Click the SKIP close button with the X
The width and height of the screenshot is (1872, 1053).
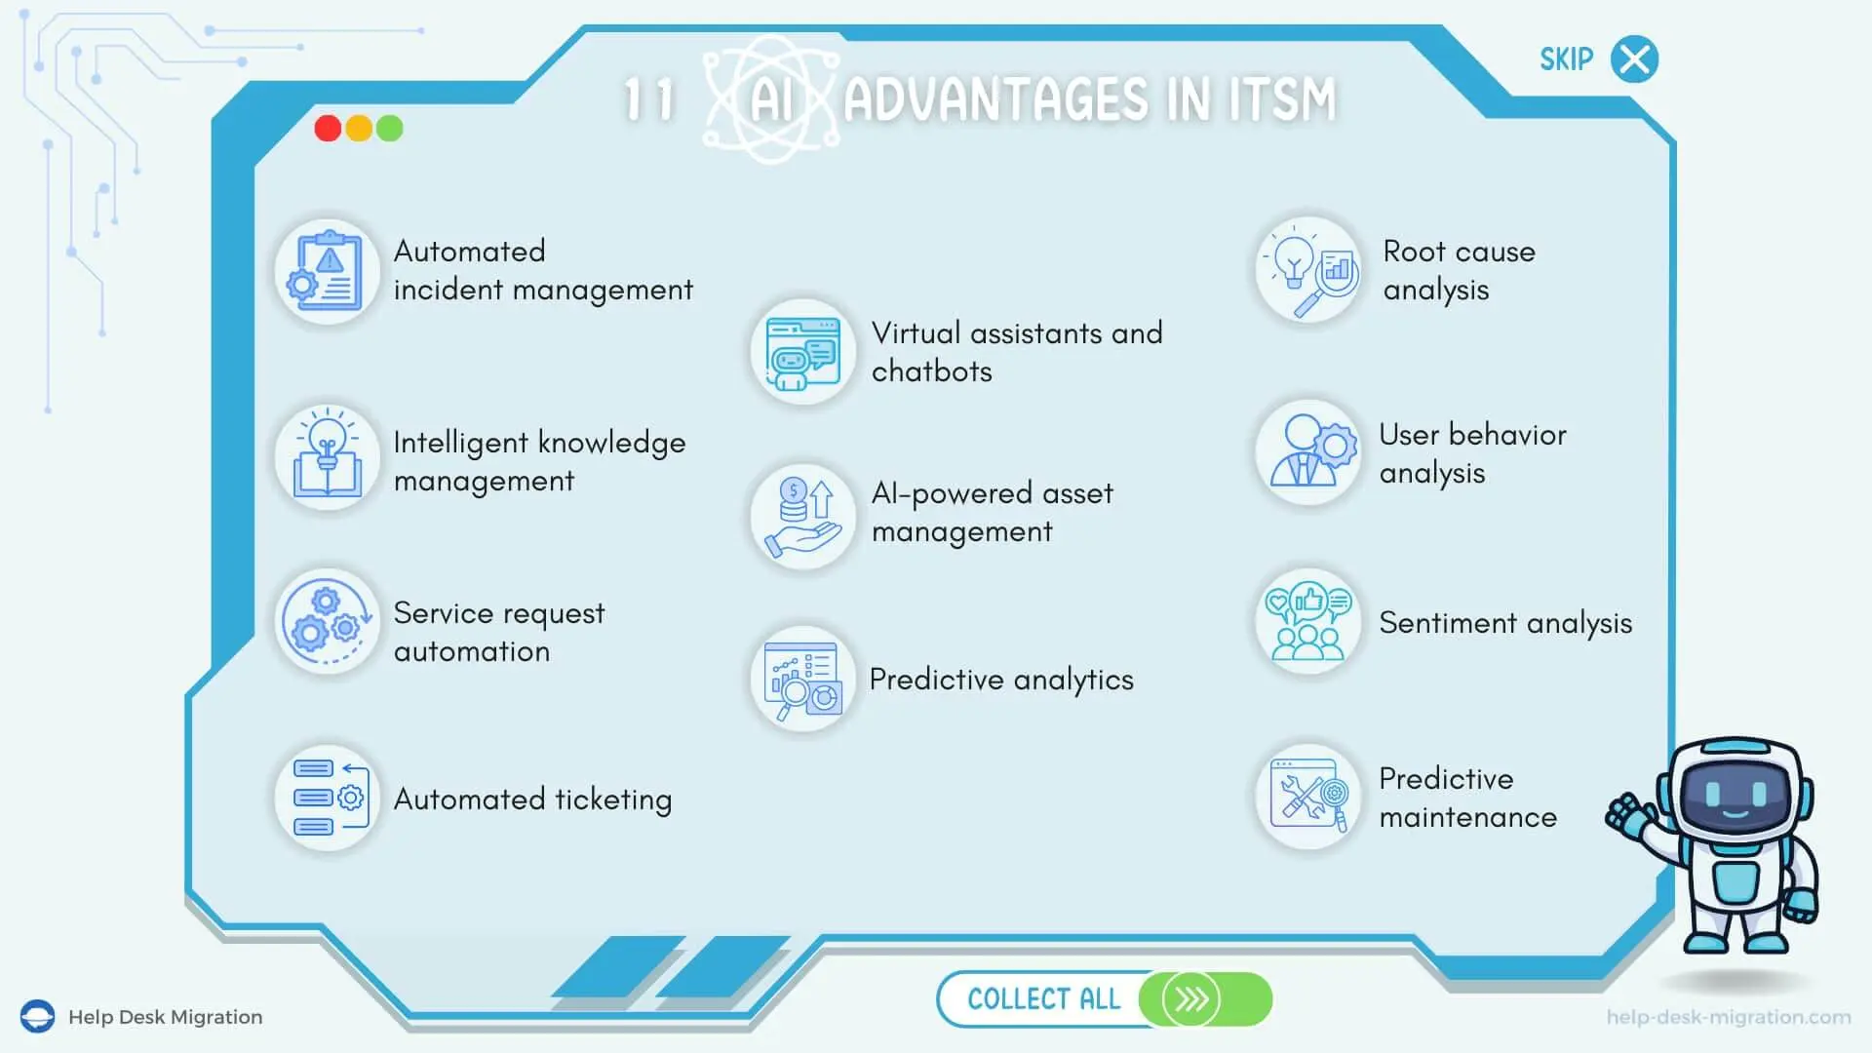point(1634,59)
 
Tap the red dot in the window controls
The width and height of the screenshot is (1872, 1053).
point(328,129)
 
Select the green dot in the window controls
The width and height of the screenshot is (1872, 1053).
point(390,129)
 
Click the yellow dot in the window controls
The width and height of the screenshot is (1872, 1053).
point(359,129)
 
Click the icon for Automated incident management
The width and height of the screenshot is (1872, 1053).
point(327,271)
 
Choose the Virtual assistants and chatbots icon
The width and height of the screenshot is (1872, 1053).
point(802,352)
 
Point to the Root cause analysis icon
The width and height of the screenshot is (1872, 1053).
point(1308,270)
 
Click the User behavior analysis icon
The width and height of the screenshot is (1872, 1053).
point(1308,451)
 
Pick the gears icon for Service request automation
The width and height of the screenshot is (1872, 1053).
point(327,622)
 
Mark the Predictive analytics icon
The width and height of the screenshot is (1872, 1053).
point(802,680)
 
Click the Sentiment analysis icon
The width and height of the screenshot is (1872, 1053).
point(1308,622)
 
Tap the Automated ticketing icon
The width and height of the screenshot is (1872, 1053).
point(327,799)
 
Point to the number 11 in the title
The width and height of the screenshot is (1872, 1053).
point(649,99)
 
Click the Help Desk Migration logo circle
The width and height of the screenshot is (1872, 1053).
point(38,1016)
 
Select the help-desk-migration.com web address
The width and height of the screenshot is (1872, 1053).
point(1729,1017)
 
